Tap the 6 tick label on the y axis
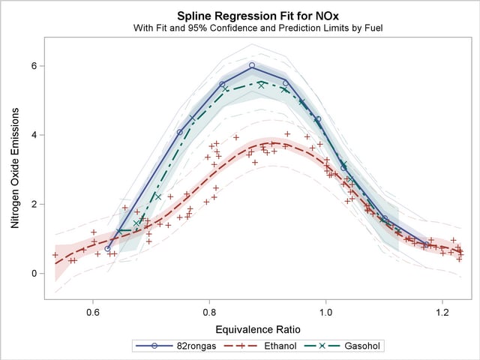tap(34, 66)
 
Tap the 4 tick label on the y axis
tap(34, 135)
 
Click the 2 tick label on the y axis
tap(34, 204)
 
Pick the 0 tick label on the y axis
tap(34, 273)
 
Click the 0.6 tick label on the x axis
tap(92, 310)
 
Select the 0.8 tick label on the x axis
tap(209, 310)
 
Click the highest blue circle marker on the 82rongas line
tap(252, 65)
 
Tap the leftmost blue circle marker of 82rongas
tap(107, 248)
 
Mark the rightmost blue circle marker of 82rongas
tap(426, 244)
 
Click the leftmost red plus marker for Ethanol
tap(55, 255)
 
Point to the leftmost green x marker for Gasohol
tap(120, 231)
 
